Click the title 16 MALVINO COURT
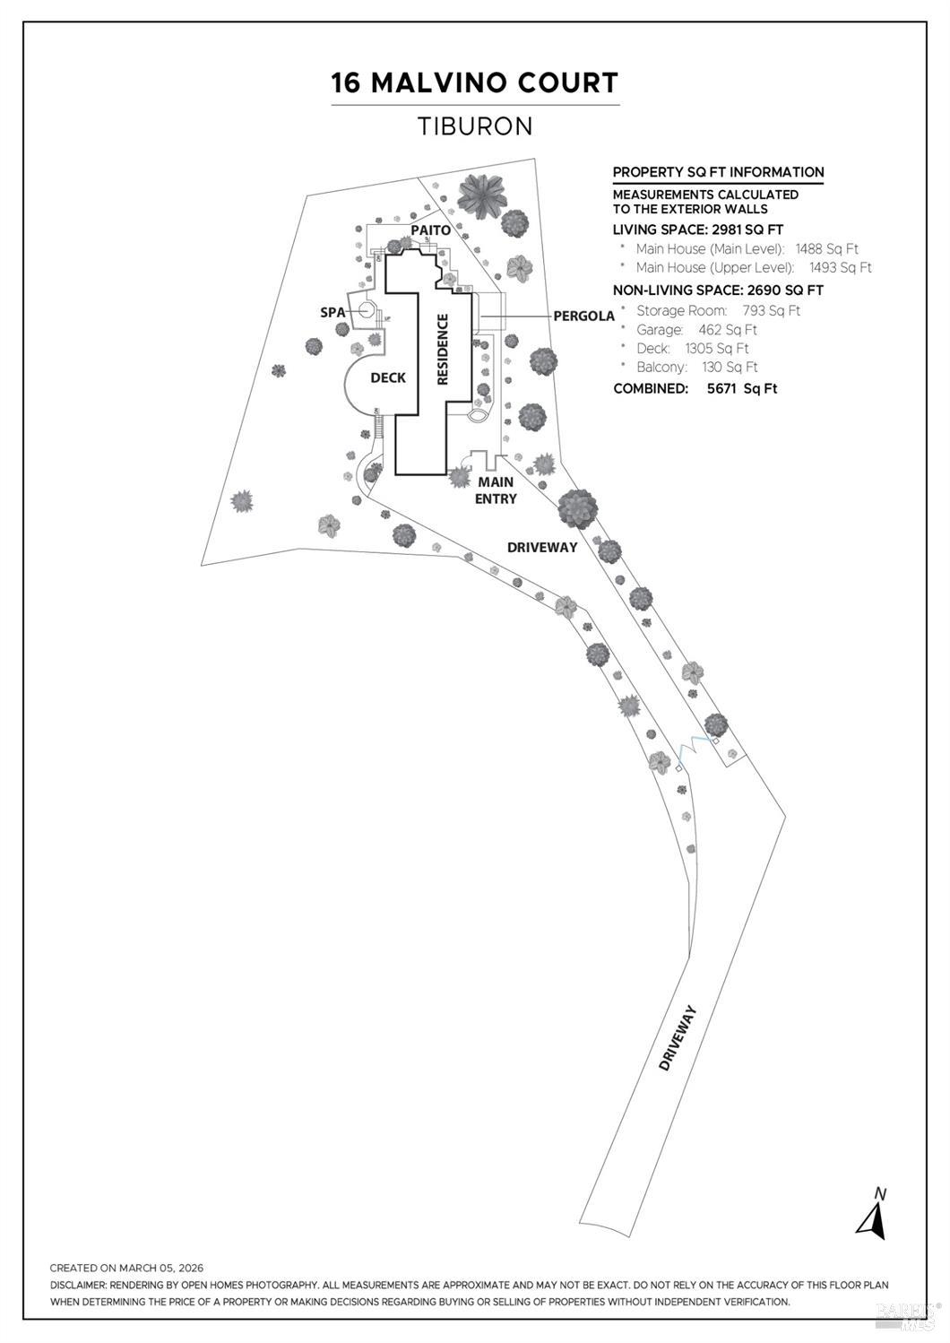[x=475, y=83]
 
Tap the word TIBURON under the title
[x=475, y=126]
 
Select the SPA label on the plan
[x=332, y=312]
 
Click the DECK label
[x=388, y=377]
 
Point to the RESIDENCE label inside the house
[x=442, y=350]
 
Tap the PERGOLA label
[x=584, y=316]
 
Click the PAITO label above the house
[x=430, y=230]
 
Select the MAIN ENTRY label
[x=496, y=490]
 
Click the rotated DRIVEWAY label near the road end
[x=678, y=1038]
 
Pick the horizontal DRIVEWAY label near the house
[x=542, y=547]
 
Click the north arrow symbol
[x=872, y=1216]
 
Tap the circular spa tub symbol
[x=367, y=309]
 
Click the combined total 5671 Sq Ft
[x=742, y=388]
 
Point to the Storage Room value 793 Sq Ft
[x=772, y=311]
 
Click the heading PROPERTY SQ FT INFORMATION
[x=718, y=172]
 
